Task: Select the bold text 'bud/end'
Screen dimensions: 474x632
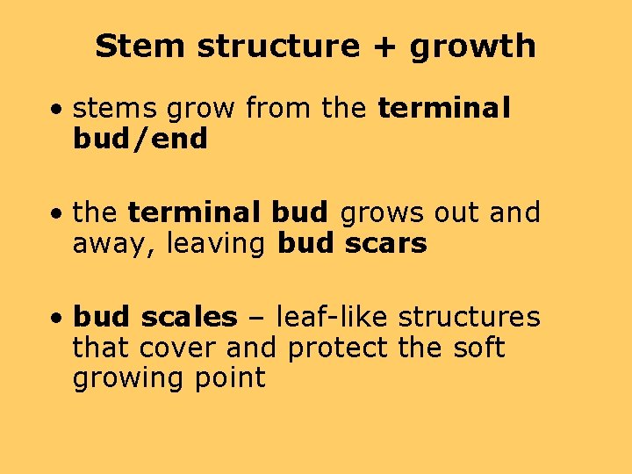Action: click(140, 139)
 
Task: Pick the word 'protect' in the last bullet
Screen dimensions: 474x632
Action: click(337, 348)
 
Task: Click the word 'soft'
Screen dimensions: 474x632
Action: click(479, 348)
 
